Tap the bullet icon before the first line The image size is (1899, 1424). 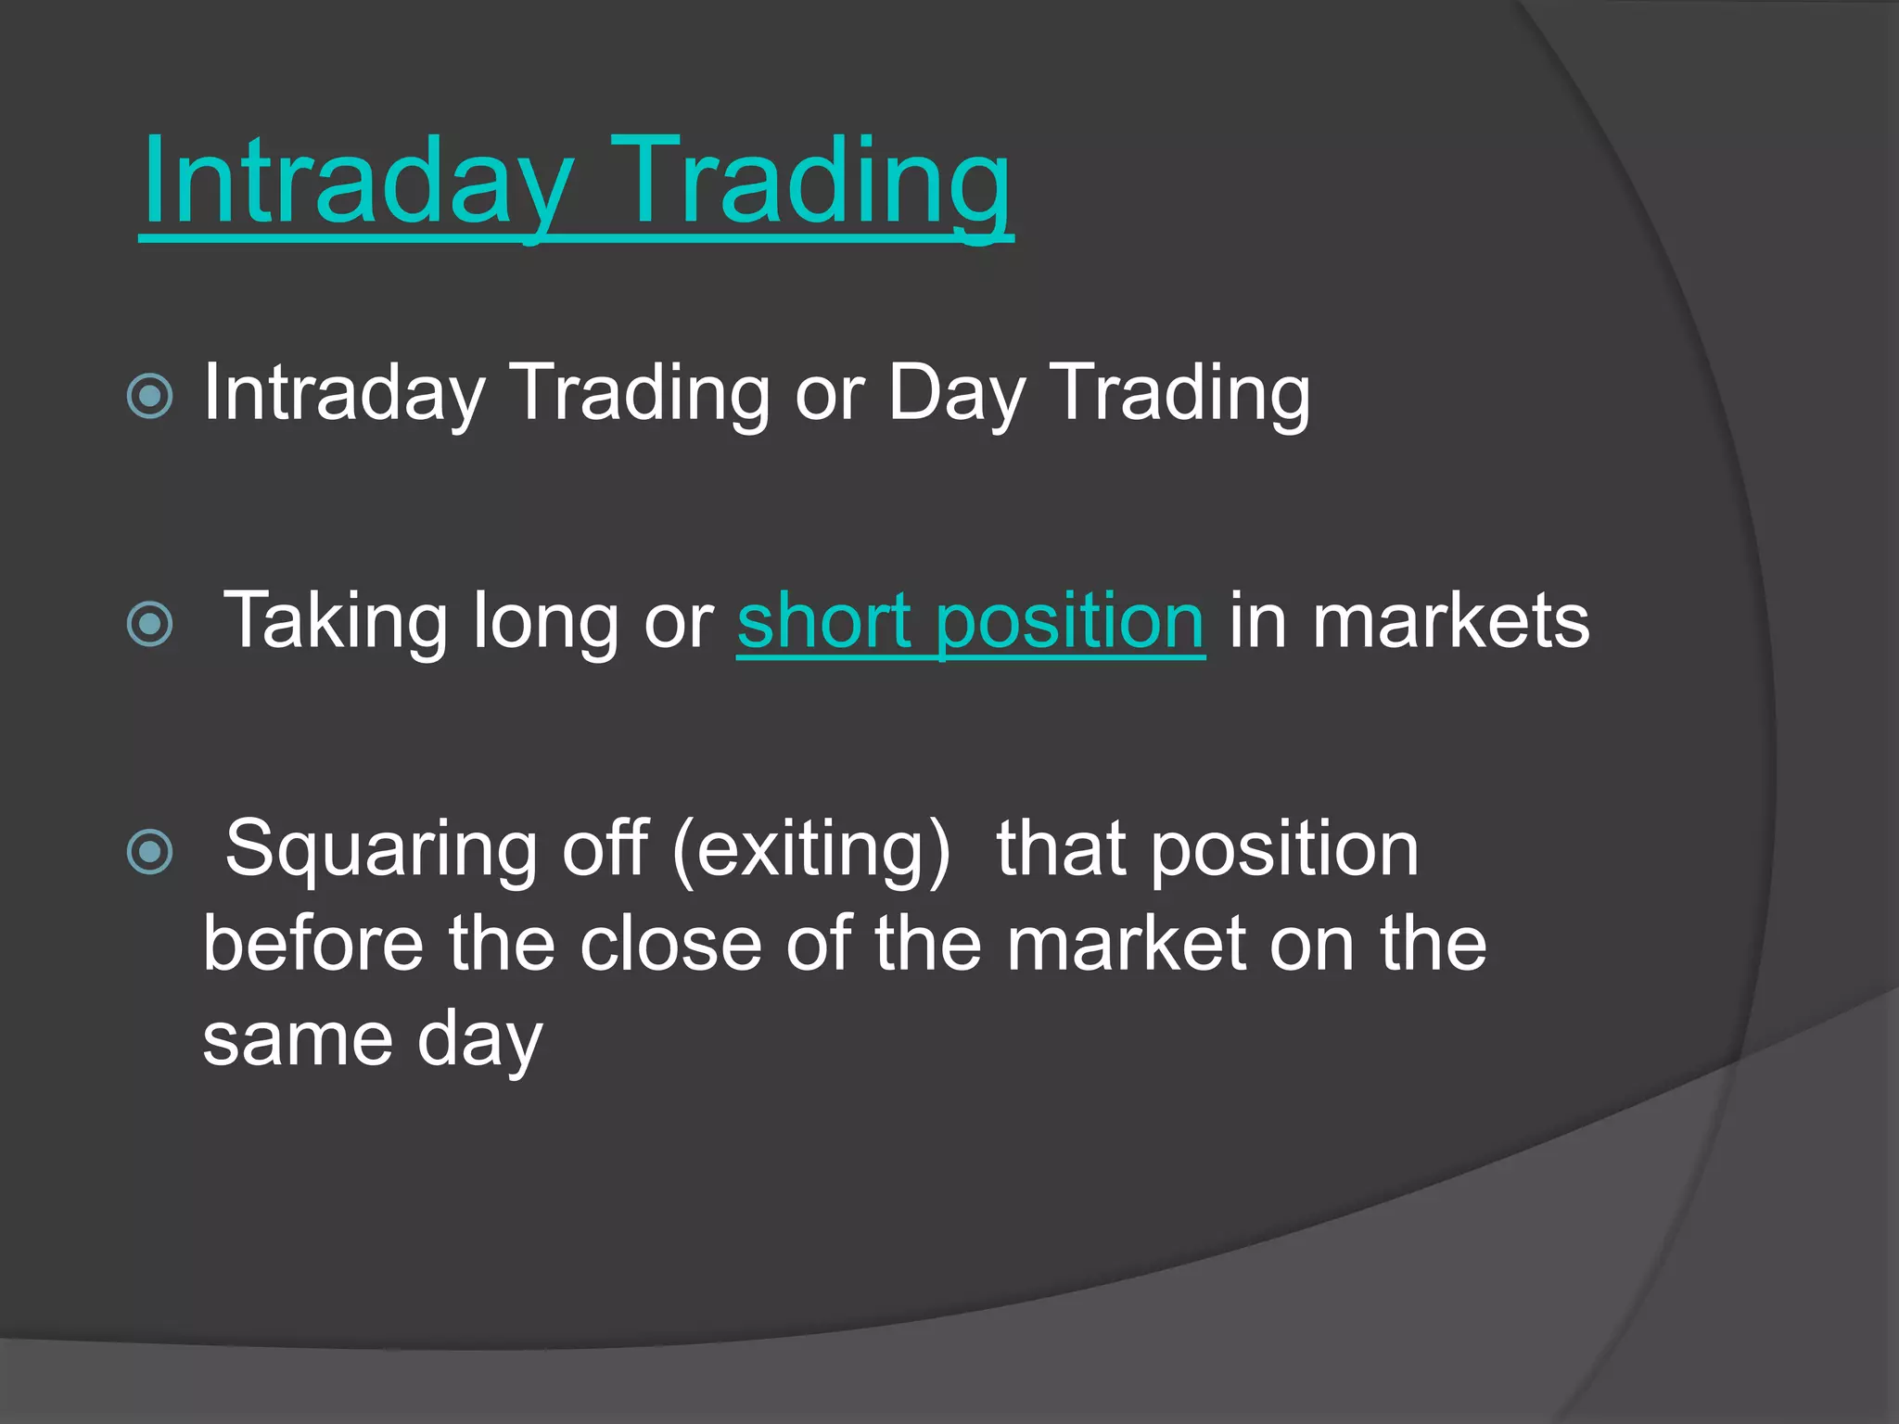coord(150,397)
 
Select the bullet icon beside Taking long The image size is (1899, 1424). coord(150,623)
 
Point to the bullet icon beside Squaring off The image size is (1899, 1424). coord(150,851)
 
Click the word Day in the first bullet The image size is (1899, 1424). coord(956,394)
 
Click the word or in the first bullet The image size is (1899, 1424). coord(829,394)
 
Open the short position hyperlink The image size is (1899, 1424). coord(970,621)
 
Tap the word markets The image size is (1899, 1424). coord(1450,621)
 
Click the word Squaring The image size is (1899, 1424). coord(381,848)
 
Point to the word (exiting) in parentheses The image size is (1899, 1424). coord(811,848)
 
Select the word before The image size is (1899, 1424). coord(313,944)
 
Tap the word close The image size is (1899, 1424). coord(669,944)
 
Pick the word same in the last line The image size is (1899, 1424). coord(298,1040)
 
